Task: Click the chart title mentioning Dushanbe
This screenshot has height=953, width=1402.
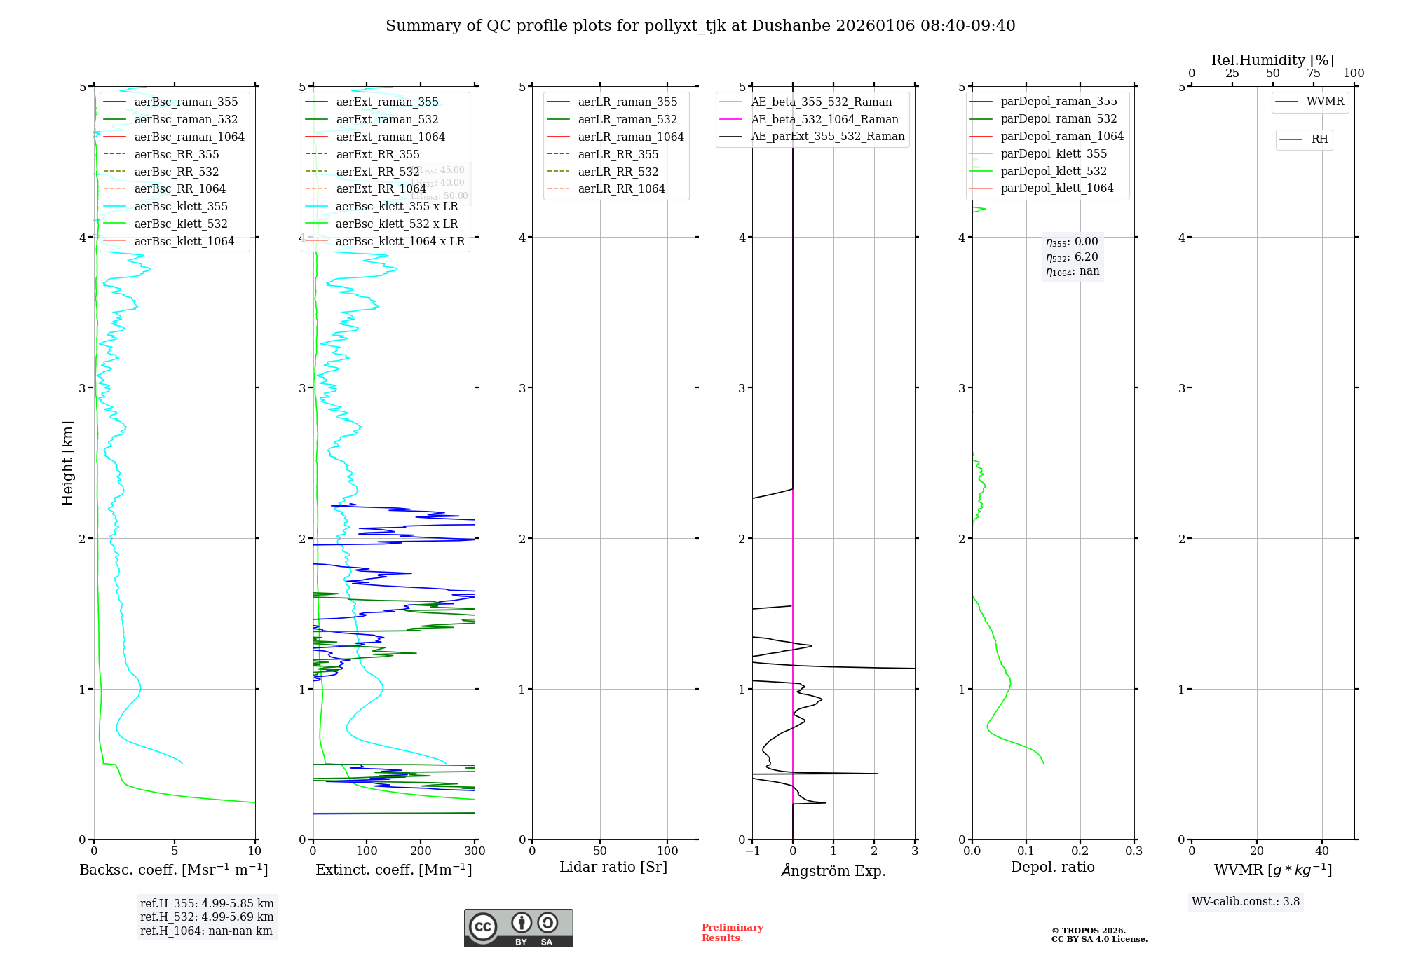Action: (700, 26)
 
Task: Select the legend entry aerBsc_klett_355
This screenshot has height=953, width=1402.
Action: (180, 207)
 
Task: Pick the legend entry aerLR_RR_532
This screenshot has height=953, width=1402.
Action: (618, 172)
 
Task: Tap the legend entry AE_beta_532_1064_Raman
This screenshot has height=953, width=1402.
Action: (824, 120)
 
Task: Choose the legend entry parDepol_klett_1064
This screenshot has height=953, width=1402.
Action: (1056, 188)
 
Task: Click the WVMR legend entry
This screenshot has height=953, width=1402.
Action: (1324, 102)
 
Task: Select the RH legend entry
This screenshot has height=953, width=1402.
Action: (1319, 139)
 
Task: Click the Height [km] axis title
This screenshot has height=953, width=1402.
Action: (68, 463)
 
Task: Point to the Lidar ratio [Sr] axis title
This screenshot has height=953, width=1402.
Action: (613, 868)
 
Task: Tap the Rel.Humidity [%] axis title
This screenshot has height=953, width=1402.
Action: (1272, 60)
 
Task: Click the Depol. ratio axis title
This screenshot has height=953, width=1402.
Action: (1052, 868)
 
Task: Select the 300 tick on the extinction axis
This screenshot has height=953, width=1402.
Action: (475, 851)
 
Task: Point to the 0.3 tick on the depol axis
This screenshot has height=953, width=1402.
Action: (1134, 851)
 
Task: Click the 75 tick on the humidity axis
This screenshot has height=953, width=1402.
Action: (1313, 74)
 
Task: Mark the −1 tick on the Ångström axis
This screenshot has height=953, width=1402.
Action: (752, 851)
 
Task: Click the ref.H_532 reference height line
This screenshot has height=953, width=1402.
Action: (207, 917)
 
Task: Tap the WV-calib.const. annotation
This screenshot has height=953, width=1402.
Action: (1246, 902)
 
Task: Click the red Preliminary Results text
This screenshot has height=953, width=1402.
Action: (732, 933)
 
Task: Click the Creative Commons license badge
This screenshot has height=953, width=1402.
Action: (518, 928)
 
